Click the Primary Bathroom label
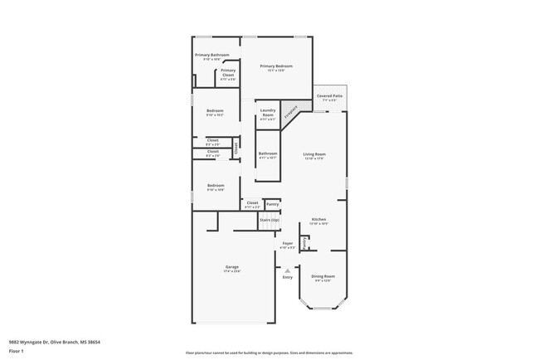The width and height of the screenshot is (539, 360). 212,56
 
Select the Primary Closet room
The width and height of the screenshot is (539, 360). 228,72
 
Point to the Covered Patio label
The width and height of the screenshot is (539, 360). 330,96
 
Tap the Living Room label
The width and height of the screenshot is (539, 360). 313,154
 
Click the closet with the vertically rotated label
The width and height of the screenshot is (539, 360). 236,150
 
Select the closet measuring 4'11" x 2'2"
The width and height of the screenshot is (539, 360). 252,202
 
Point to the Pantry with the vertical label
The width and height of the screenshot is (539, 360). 304,243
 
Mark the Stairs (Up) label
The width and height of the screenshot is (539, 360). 269,220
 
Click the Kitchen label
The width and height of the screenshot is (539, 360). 318,220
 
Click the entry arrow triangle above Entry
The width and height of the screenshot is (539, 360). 288,270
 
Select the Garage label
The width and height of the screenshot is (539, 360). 231,267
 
